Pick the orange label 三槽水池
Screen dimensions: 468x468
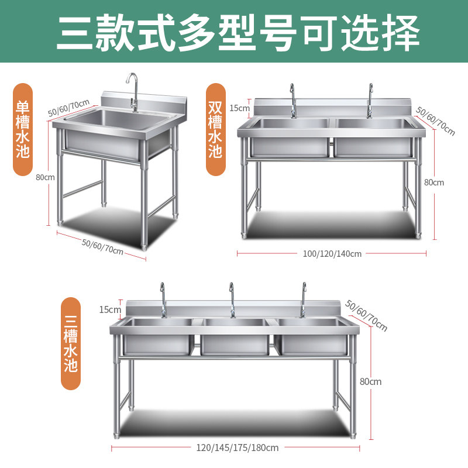coord(71,344)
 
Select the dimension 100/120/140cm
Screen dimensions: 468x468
coord(331,254)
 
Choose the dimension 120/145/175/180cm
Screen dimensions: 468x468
coord(237,448)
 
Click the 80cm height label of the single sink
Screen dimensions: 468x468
coord(45,177)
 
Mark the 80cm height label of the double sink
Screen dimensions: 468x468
coord(434,182)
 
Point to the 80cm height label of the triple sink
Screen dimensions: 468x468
coord(370,381)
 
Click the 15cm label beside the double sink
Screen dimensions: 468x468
coord(239,108)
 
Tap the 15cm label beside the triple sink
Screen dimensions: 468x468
coord(110,309)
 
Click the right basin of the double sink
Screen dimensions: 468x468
coord(372,137)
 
